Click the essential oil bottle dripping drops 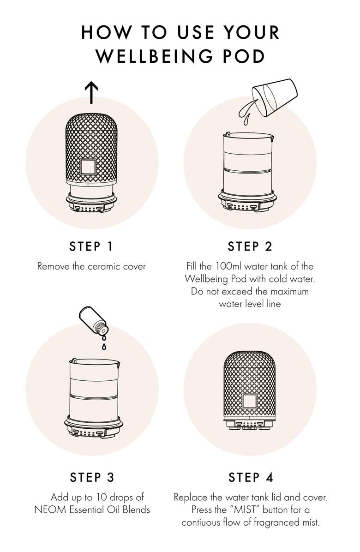tap(94, 321)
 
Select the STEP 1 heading tap(91, 246)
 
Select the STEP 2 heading tap(250, 246)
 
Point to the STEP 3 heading tap(92, 477)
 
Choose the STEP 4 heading tap(250, 477)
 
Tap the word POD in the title tap(244, 56)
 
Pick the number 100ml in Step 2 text tap(225, 266)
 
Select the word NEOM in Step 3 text tap(47, 510)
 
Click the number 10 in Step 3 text tap(102, 498)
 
